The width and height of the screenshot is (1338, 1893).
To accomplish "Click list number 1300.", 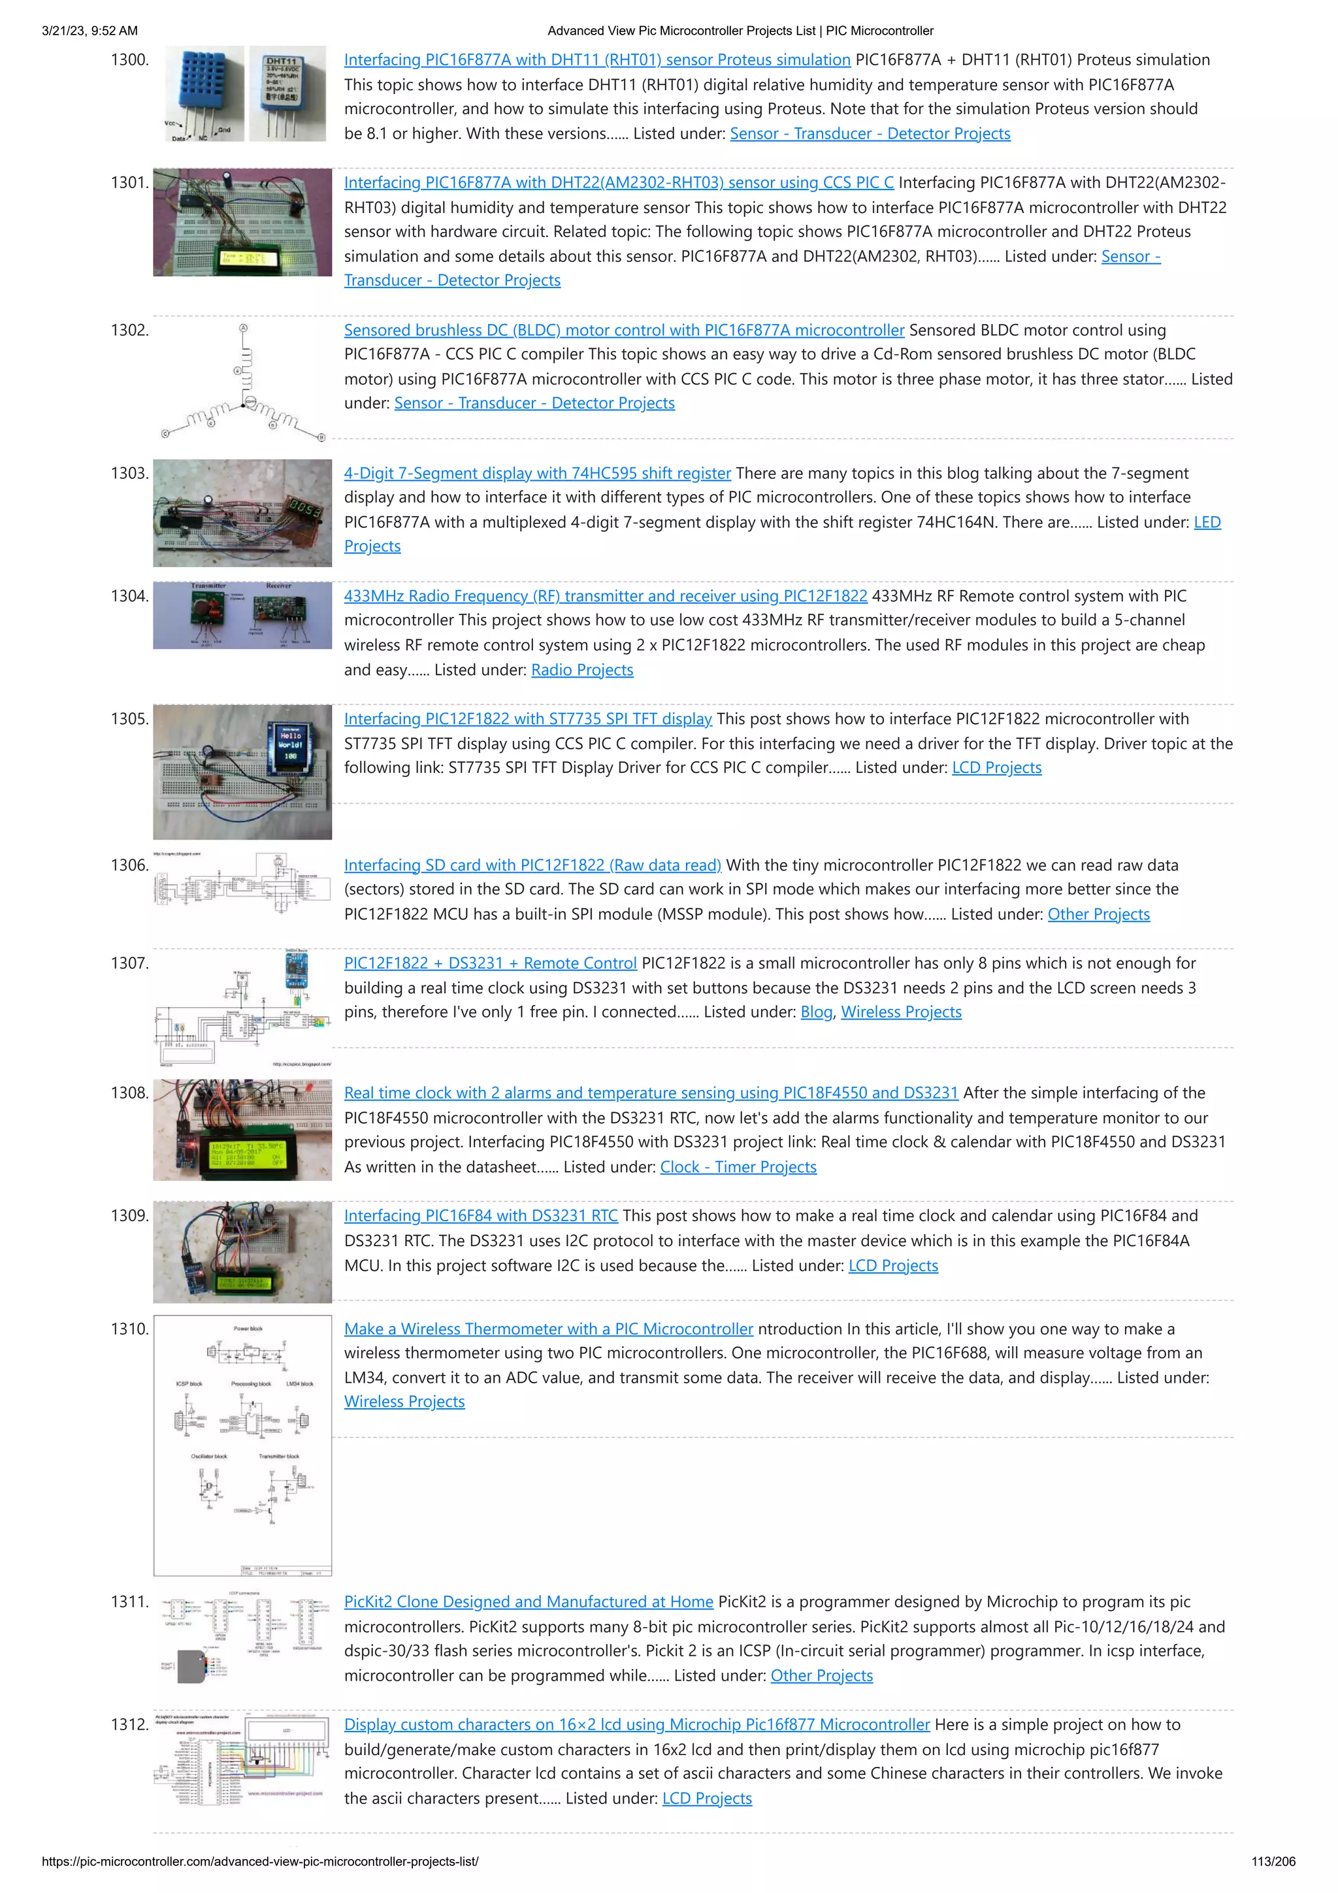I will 129,60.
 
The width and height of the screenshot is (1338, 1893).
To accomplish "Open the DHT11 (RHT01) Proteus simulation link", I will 597,60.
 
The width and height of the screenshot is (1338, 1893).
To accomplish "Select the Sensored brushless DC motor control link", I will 624,331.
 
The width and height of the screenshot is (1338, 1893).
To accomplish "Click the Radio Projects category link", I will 582,670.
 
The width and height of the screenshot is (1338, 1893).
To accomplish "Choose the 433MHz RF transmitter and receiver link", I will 605,596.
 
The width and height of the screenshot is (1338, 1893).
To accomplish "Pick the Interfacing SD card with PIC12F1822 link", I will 532,866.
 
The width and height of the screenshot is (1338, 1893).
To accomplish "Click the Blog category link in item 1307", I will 816,1012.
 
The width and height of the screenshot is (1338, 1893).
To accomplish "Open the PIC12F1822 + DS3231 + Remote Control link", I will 491,964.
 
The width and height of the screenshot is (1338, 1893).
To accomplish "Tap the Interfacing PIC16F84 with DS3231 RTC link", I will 481,1216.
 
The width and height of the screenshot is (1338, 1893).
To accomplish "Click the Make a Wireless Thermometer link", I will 548,1329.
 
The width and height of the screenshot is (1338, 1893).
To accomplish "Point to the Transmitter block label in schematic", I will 279,1457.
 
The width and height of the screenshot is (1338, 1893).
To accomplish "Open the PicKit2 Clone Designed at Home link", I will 529,1602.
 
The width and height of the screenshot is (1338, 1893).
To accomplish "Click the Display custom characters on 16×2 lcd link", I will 636,1725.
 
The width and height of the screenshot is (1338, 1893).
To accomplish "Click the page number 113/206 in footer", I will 1273,1862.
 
